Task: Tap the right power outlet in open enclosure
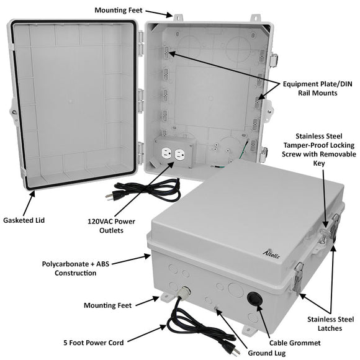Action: click(181, 155)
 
